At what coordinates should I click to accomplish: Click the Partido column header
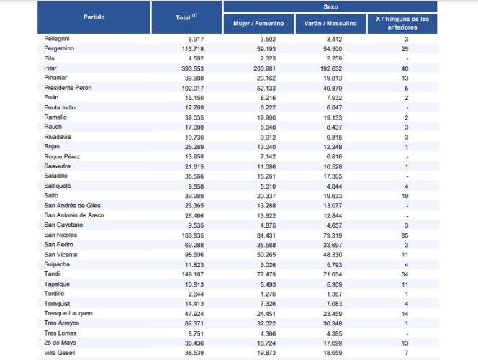[x=96, y=16]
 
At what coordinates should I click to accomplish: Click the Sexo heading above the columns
[x=330, y=6]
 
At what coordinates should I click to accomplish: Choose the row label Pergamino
[x=60, y=48]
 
